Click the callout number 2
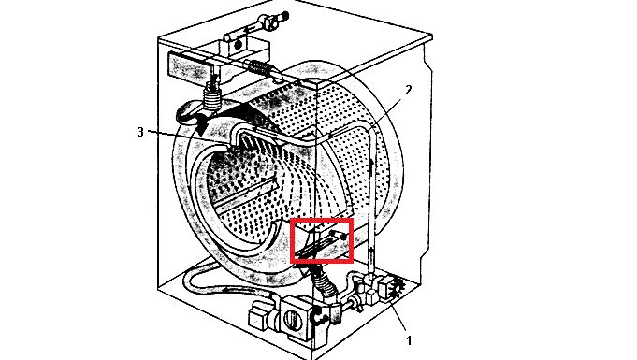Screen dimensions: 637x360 (x=408, y=91)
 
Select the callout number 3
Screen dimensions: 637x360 (x=140, y=132)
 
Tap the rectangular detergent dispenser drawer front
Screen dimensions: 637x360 (x=187, y=65)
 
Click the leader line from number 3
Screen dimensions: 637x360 (x=168, y=136)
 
